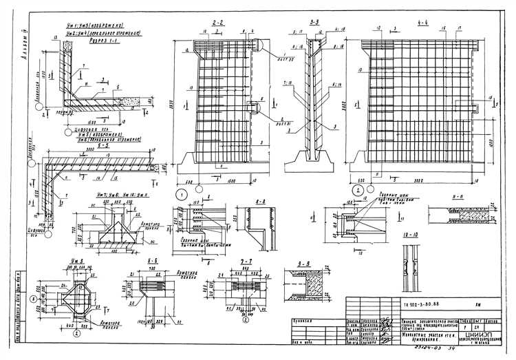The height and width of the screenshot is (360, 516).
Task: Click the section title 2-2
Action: coord(218,23)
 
